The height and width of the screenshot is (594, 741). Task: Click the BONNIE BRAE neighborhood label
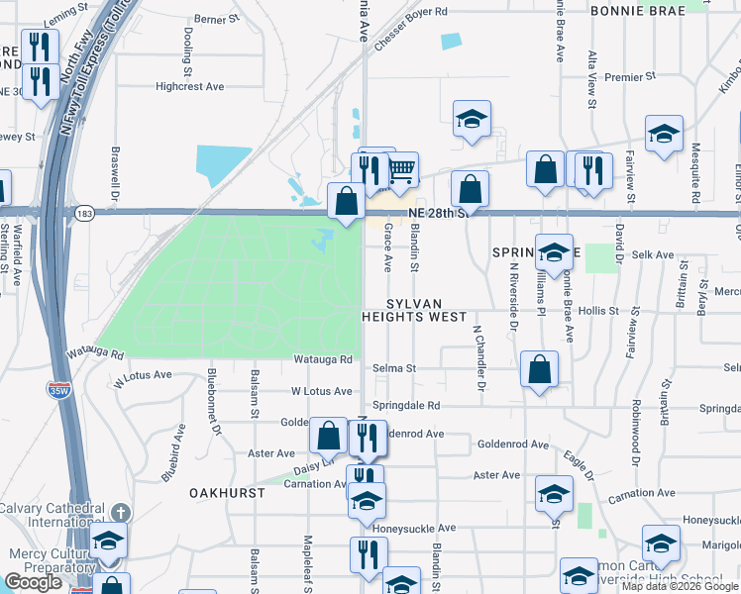tap(639, 11)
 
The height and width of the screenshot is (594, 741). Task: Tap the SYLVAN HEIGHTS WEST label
tap(414, 310)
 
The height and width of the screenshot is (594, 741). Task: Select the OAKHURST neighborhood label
tap(227, 492)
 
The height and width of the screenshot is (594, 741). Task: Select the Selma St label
tap(393, 368)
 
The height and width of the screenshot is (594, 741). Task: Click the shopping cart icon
tap(400, 170)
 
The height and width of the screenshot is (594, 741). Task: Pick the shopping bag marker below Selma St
tap(538, 370)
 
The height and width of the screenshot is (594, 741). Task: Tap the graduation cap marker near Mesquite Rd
tap(663, 135)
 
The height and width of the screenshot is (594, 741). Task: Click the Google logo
tap(33, 582)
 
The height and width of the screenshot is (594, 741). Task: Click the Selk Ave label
tap(654, 255)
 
